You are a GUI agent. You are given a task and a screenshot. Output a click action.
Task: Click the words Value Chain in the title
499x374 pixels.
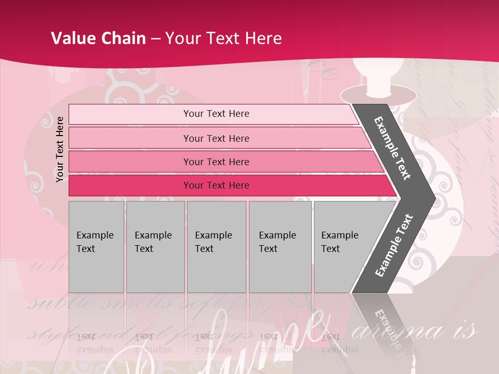point(98,38)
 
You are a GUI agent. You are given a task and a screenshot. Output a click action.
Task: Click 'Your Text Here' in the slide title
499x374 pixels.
point(224,38)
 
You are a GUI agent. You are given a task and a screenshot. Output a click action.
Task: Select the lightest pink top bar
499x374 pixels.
point(216,114)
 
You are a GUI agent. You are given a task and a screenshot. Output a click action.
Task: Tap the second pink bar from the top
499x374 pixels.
point(216,138)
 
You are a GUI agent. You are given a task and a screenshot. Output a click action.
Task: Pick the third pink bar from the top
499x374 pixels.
point(216,162)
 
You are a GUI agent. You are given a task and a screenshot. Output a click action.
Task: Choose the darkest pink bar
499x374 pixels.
point(216,185)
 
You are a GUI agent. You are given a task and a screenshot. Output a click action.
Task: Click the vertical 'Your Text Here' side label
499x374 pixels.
point(60,149)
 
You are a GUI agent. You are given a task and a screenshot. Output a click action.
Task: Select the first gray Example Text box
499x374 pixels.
point(96,246)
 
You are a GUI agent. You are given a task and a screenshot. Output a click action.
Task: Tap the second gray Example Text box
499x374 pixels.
point(155,246)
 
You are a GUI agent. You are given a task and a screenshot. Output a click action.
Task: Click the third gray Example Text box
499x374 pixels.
point(216,246)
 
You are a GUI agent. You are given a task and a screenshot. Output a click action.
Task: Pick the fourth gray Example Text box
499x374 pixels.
point(280,246)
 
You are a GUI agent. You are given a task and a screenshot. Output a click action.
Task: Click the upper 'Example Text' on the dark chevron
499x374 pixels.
point(393,148)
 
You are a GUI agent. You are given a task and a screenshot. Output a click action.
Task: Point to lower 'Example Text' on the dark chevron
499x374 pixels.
point(394,245)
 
